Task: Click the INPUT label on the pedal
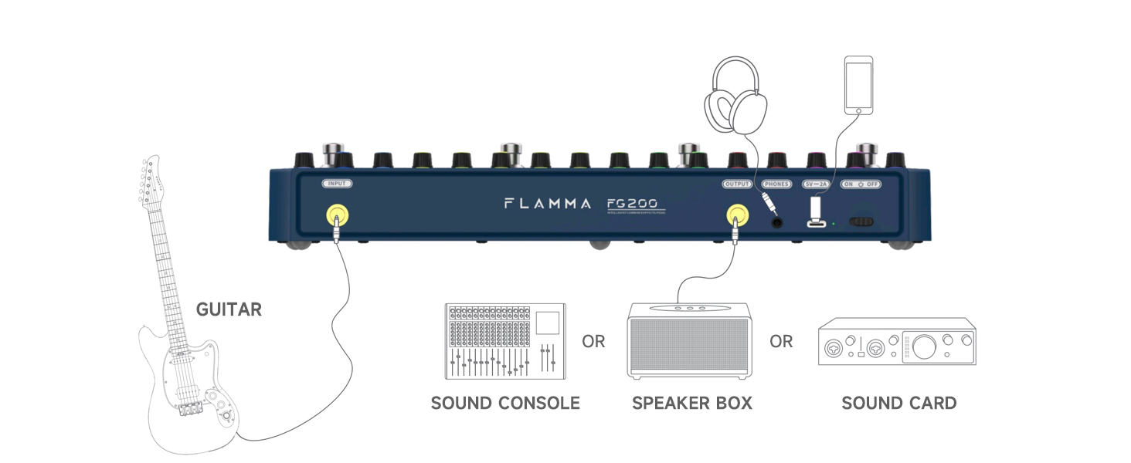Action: click(x=338, y=184)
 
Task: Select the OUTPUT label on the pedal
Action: click(x=737, y=184)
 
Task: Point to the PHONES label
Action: click(x=776, y=184)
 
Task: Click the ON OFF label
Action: click(x=861, y=184)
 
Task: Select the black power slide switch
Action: click(x=861, y=222)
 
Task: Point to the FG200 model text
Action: click(x=632, y=204)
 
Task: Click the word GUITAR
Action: click(x=229, y=310)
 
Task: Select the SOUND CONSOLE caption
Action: click(x=505, y=403)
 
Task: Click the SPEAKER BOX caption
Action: click(x=691, y=403)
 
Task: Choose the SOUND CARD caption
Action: click(x=898, y=403)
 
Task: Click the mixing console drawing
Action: click(x=505, y=341)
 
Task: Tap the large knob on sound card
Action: click(x=924, y=346)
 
